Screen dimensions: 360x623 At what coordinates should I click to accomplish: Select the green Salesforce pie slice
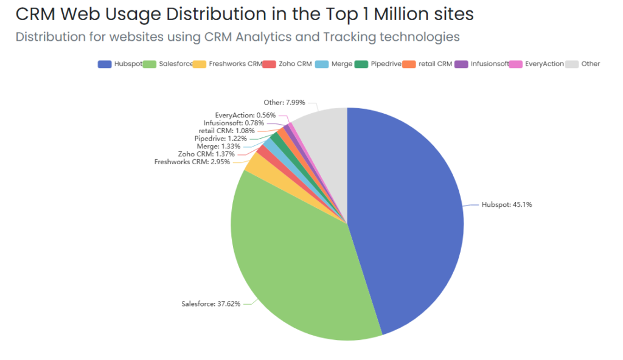tap(292, 261)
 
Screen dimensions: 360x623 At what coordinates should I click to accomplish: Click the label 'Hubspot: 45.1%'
tap(507, 205)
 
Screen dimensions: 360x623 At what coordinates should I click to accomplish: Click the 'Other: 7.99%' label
tap(284, 103)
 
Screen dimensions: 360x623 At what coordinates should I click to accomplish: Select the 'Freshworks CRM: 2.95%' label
tap(192, 162)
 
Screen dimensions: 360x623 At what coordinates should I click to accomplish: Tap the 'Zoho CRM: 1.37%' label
tap(206, 154)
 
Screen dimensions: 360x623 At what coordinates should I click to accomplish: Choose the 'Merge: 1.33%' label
tap(218, 147)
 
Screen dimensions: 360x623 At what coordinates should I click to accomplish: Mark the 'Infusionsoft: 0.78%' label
tap(234, 123)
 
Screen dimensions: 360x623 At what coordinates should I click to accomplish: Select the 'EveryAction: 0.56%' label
tap(245, 115)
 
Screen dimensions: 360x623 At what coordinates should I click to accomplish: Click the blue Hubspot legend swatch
tap(104, 64)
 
